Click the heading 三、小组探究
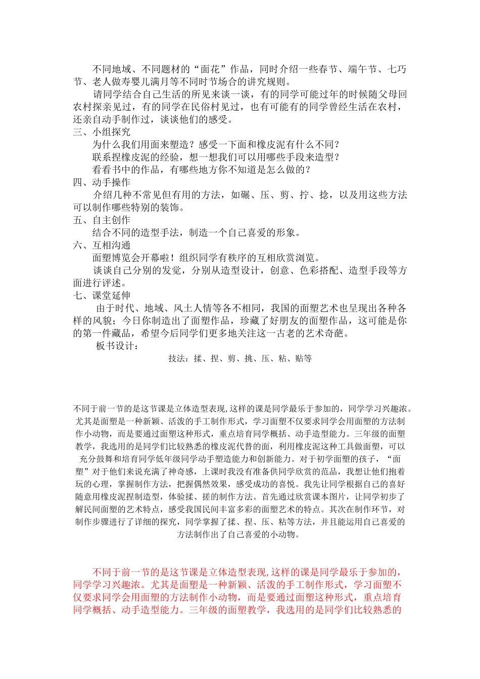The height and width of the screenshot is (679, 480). pyautogui.click(x=102, y=132)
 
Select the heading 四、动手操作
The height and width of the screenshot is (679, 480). pyautogui.click(x=102, y=182)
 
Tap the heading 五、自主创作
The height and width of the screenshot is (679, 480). pyautogui.click(x=102, y=220)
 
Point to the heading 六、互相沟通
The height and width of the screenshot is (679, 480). pyautogui.click(x=102, y=246)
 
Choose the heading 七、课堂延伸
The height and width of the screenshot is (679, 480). pyautogui.click(x=102, y=296)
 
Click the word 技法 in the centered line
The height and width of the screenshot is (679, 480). pyautogui.click(x=176, y=359)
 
